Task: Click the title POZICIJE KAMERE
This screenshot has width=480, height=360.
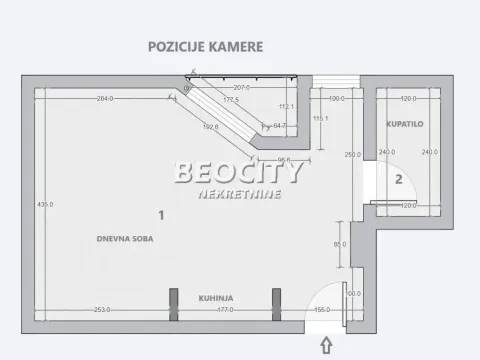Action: (206, 45)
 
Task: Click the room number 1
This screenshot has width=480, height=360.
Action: (160, 213)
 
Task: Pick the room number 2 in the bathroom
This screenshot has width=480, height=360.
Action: (398, 179)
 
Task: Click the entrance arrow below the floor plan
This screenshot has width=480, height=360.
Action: (326, 346)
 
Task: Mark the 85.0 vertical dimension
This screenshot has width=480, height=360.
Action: (340, 244)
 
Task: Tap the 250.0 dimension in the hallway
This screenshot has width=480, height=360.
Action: (352, 154)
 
